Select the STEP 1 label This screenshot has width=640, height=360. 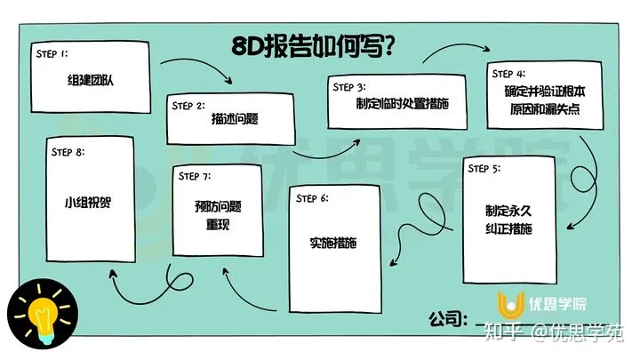click(52, 53)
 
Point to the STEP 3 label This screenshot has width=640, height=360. click(348, 87)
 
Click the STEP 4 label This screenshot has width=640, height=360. click(507, 73)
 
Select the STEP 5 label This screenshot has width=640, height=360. click(484, 169)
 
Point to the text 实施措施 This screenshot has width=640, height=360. click(332, 244)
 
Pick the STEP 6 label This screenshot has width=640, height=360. click(312, 197)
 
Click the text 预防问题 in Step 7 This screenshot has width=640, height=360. click(218, 207)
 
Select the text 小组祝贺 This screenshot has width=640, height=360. click(93, 201)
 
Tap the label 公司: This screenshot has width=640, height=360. click(447, 318)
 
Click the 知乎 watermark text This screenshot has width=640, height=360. click(504, 333)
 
